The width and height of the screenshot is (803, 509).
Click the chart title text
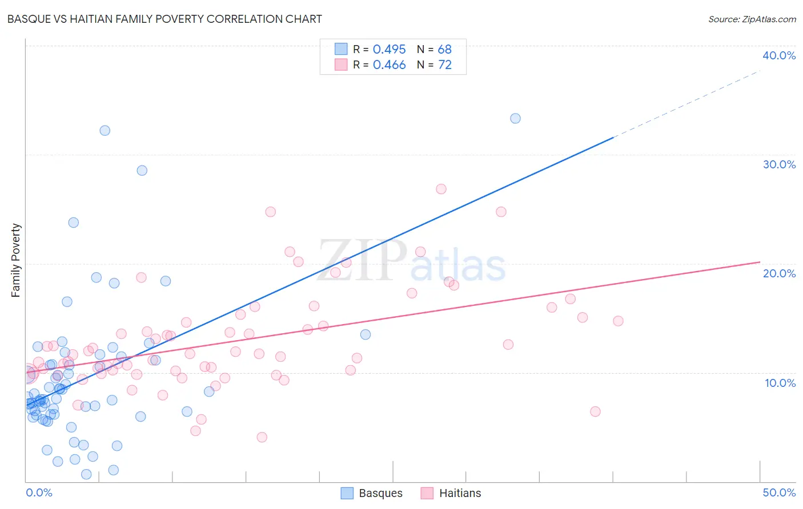(164, 19)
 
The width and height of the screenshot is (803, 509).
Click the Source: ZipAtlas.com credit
(752, 19)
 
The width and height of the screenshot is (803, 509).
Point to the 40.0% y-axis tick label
(778, 55)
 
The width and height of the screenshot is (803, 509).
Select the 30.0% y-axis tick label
(778, 164)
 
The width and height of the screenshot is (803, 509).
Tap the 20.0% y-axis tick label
(778, 273)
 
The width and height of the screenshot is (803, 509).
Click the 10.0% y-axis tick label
(780, 383)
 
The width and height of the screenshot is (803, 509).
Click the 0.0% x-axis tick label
(39, 492)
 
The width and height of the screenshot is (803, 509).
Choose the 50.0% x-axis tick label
(779, 492)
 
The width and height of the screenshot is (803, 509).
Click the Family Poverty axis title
(16, 260)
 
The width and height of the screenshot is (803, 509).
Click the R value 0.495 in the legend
(389, 50)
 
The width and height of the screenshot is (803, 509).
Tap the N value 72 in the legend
(445, 65)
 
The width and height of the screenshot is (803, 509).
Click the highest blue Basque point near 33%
(515, 119)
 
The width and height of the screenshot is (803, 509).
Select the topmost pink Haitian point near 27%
(441, 189)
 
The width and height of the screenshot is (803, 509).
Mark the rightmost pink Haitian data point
(618, 321)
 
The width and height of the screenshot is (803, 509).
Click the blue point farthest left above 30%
(105, 131)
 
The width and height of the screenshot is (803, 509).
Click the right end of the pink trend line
(759, 262)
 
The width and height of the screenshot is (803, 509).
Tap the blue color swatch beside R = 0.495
(341, 49)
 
